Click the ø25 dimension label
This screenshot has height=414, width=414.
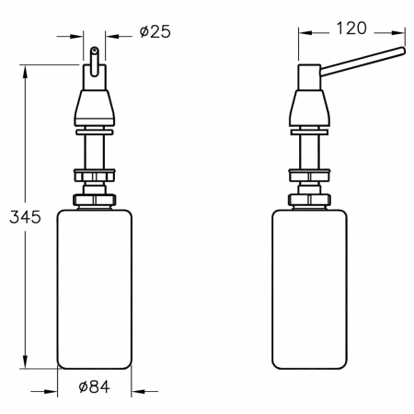(x=155, y=31)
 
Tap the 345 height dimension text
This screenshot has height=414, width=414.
(x=25, y=217)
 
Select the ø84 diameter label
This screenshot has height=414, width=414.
(x=95, y=386)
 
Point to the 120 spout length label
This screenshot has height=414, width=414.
(x=351, y=28)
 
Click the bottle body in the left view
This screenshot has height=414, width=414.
(x=95, y=289)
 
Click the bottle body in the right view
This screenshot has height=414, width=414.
(x=310, y=289)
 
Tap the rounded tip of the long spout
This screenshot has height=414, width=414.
(x=403, y=51)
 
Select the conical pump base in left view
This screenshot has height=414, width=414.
(x=95, y=108)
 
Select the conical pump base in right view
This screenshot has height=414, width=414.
(x=310, y=108)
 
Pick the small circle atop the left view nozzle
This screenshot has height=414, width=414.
(x=95, y=49)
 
